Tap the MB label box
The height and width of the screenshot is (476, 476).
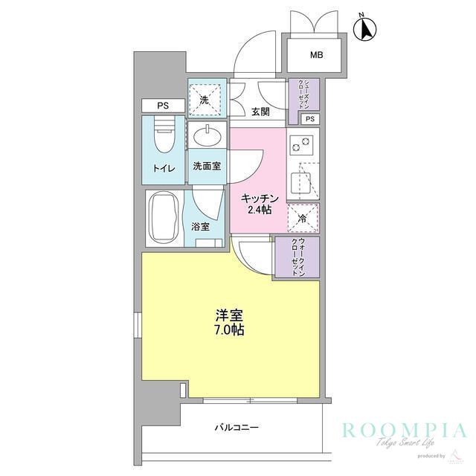[x=317, y=54]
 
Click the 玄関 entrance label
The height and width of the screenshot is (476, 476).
[x=260, y=112]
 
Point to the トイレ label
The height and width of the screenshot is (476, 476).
[x=164, y=168]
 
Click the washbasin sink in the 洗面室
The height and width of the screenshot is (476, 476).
[x=206, y=137]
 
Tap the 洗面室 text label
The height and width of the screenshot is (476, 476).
[x=206, y=166]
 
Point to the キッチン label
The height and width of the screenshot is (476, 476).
[x=260, y=198]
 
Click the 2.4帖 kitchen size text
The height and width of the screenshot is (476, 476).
[x=260, y=210]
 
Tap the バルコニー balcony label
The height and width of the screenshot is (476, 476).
[x=237, y=427]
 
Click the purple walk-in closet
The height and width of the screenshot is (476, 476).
[x=297, y=257]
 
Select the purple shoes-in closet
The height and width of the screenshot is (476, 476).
[x=303, y=94]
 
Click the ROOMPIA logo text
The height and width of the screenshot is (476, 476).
[x=405, y=431]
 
